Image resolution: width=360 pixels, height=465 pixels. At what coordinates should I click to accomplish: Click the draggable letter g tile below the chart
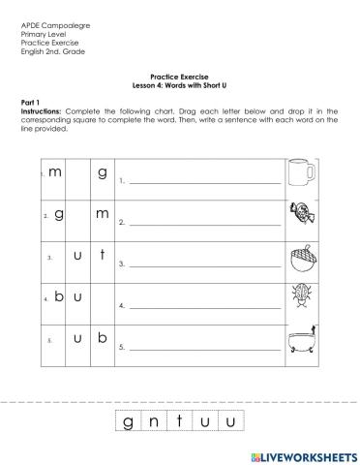point(129,420)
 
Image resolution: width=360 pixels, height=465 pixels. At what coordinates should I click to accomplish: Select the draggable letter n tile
point(154,420)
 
